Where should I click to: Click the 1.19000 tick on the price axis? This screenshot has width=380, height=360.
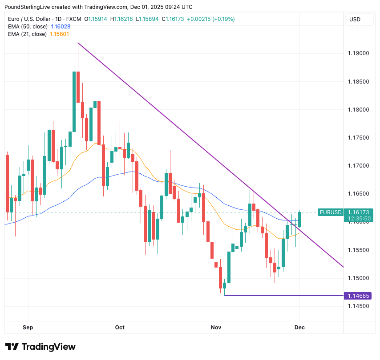358,53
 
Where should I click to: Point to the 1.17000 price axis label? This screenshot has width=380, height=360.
358,166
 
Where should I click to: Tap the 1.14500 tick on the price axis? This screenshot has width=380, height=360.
358,306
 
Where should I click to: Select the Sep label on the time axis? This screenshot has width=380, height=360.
28,328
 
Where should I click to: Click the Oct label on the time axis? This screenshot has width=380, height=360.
120,328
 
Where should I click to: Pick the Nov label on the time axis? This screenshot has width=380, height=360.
215,328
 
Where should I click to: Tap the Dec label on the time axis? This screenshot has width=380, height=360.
299,328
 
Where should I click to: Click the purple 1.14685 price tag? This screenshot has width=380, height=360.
358,296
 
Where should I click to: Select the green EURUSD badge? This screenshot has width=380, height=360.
330,212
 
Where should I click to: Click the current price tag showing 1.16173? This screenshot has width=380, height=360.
358,212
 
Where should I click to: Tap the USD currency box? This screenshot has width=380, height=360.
355,19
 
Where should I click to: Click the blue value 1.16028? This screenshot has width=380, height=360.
60,27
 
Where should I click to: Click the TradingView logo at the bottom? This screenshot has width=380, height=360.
41,347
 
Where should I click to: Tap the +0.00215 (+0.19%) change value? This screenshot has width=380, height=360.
210,19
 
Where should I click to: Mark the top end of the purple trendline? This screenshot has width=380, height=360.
78,43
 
